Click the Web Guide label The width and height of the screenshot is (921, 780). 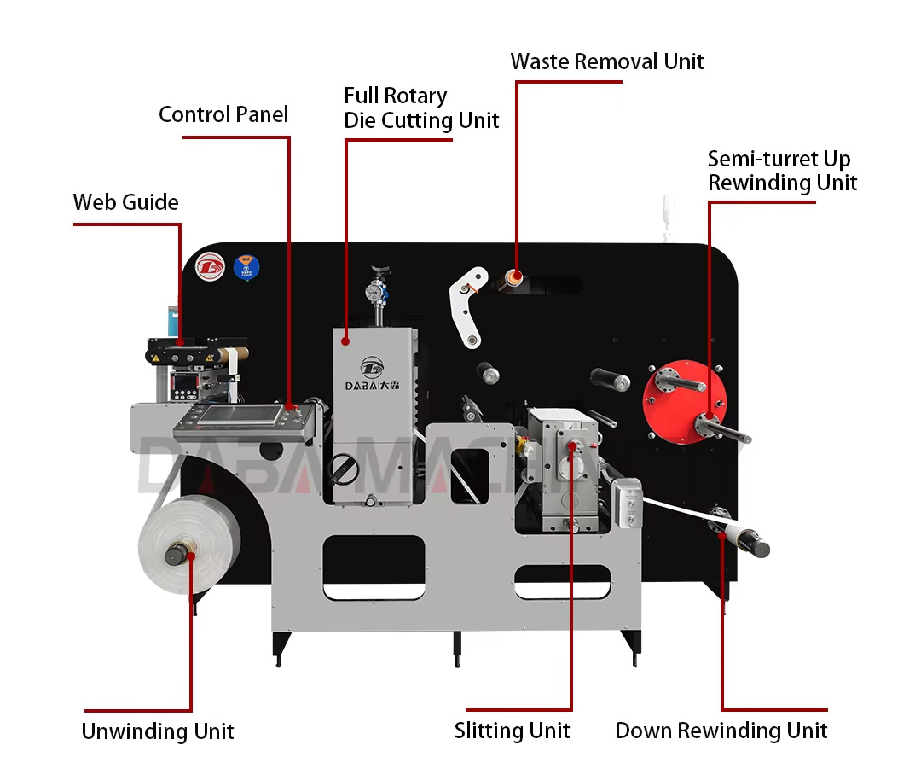tap(125, 202)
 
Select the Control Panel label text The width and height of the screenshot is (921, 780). tap(223, 114)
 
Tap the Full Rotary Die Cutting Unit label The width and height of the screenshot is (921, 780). tap(421, 108)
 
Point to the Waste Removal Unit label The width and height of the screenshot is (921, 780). tap(607, 61)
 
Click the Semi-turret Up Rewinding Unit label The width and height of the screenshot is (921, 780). tap(782, 171)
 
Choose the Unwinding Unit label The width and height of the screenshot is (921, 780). tap(158, 731)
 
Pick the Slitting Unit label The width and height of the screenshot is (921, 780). tap(512, 731)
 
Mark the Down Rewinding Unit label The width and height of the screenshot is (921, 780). tap(721, 731)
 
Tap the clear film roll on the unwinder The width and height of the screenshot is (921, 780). tap(188, 547)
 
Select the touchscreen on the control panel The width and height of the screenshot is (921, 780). tap(244, 416)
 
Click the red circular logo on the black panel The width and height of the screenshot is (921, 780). tap(209, 266)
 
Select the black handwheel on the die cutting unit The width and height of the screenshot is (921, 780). tap(344, 467)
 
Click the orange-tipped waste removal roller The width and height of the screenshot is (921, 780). tap(514, 276)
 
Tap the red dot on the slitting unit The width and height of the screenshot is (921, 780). tap(571, 444)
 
